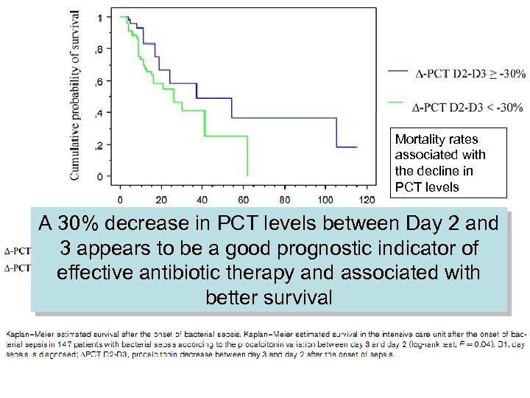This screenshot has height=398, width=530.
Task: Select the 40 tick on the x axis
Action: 203,199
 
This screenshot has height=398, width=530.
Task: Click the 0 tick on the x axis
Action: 120,199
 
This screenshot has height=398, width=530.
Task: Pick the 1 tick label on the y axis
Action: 100,17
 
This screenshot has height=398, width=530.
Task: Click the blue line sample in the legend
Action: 397,71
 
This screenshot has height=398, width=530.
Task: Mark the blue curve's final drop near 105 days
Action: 336,133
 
